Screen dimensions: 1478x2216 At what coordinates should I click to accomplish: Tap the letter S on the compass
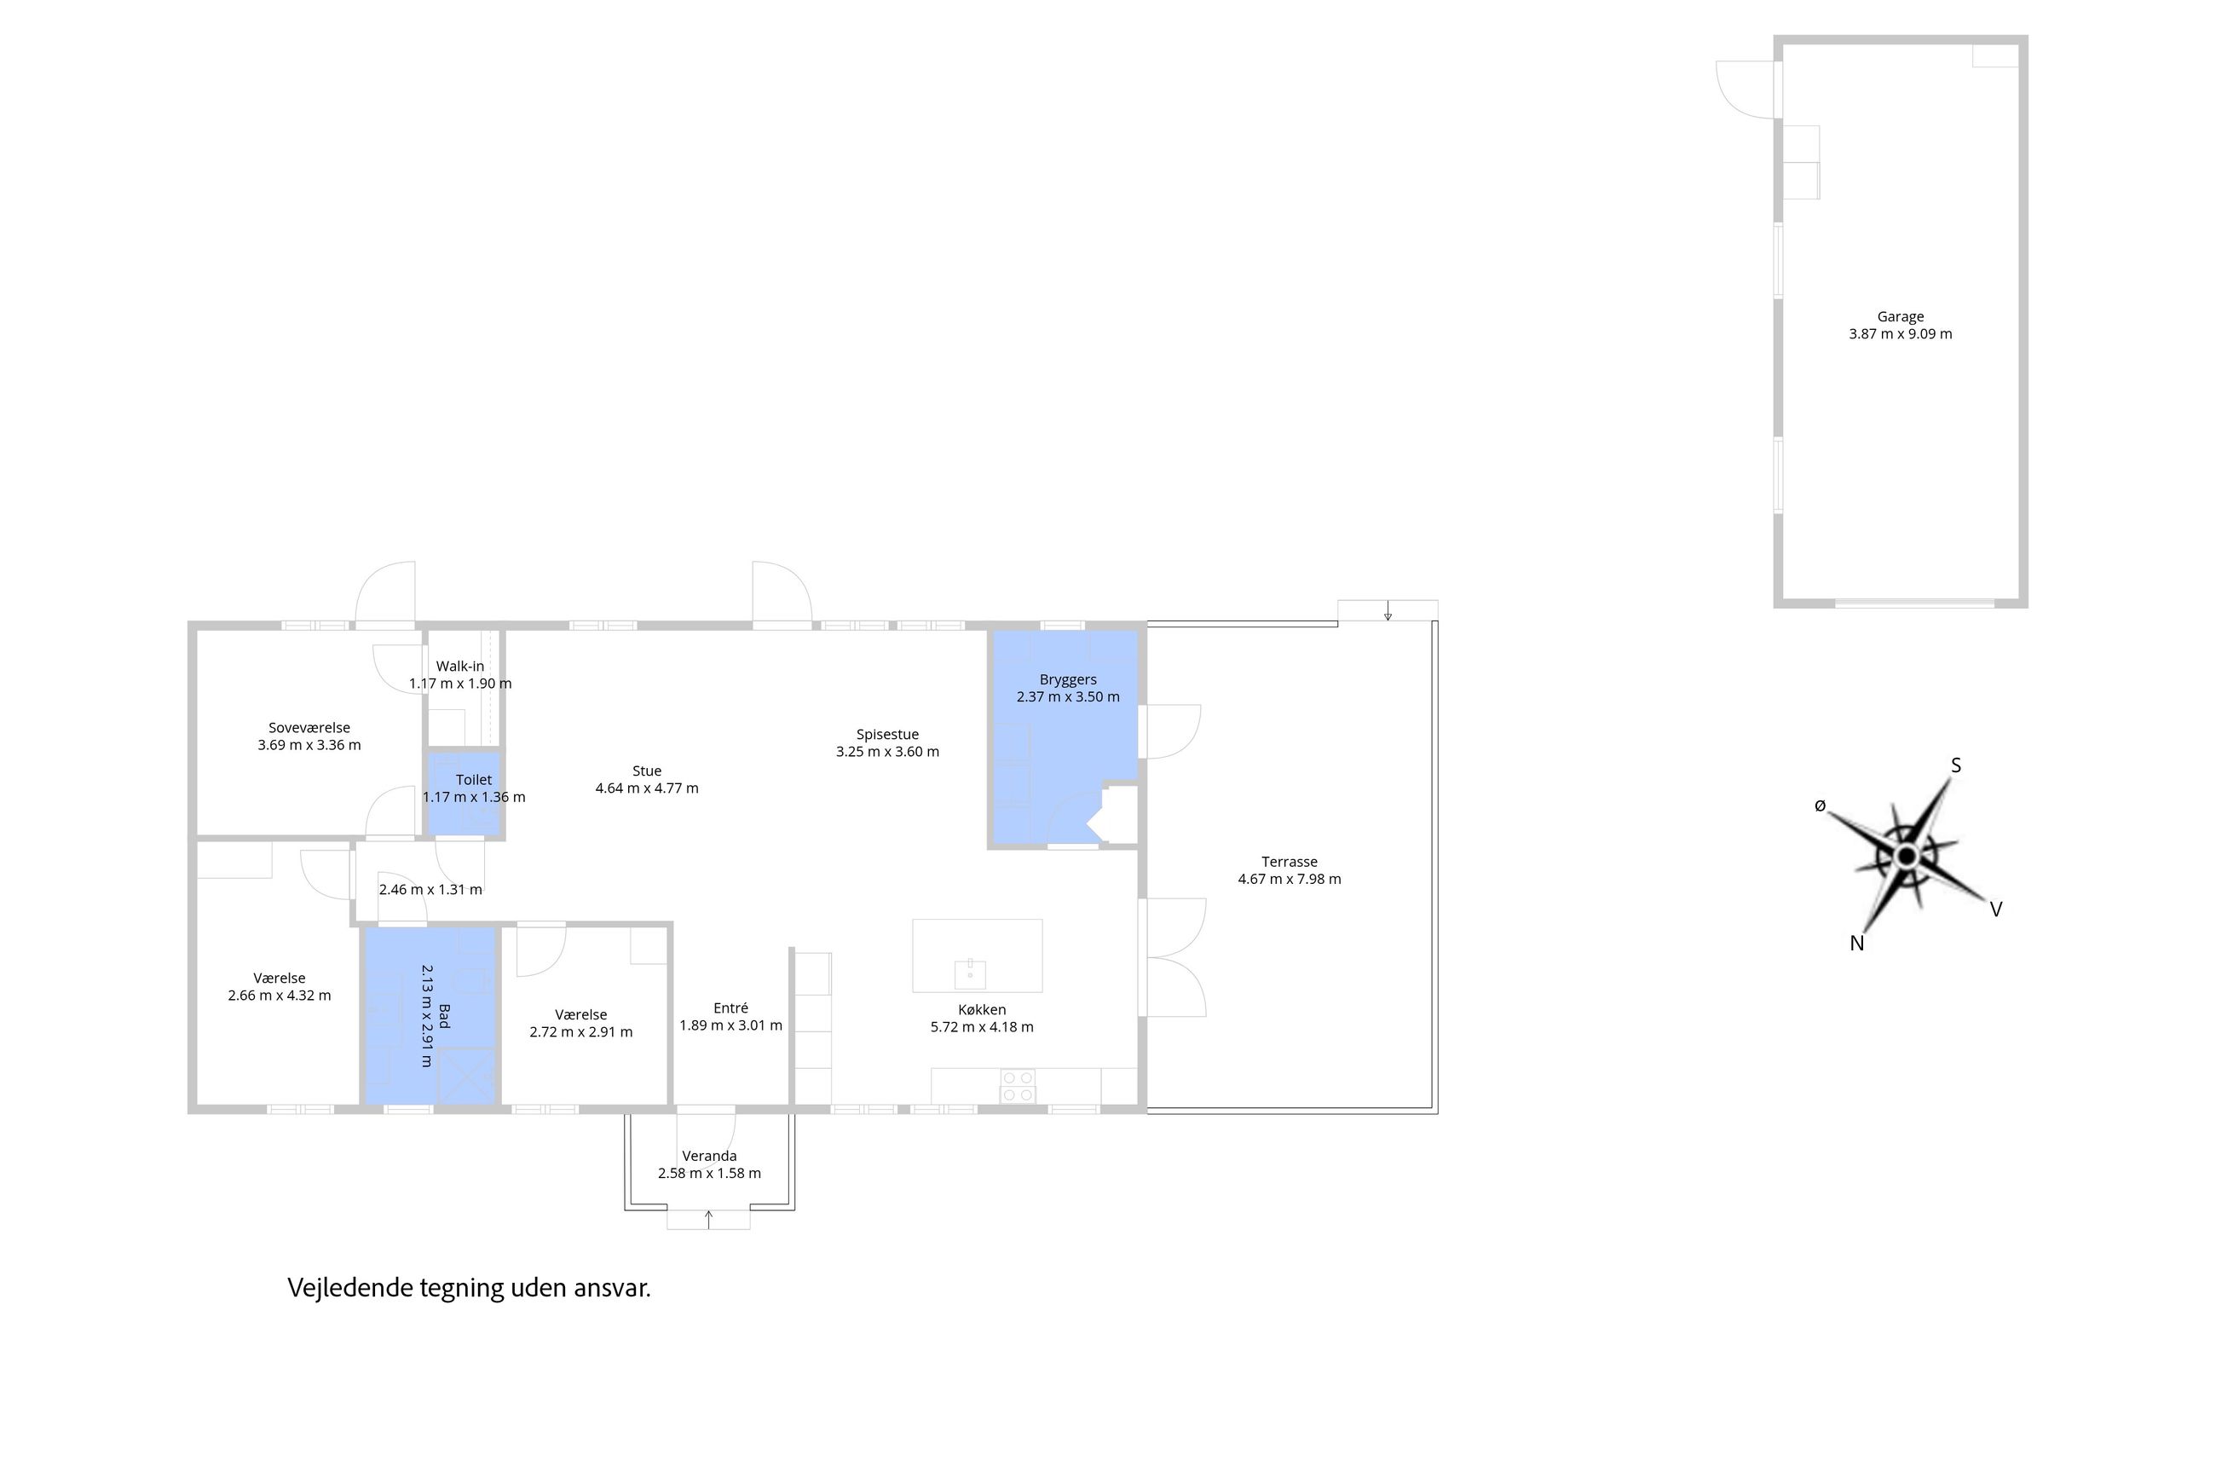pos(1955,765)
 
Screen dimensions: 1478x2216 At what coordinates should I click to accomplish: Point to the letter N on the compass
pos(1856,944)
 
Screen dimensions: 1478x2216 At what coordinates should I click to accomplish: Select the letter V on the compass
pos(1995,909)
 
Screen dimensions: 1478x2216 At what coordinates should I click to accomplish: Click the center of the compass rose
pos(1906,856)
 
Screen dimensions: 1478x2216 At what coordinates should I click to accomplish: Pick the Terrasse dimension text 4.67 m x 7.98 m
pos(1289,880)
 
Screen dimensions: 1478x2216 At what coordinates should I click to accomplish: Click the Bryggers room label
pos(1067,679)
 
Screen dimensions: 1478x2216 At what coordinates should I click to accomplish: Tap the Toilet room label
pos(473,780)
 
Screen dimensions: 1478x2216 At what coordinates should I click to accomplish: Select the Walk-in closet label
pos(460,667)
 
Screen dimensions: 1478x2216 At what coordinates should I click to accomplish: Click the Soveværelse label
pos(309,728)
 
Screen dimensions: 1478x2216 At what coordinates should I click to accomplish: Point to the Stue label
pos(647,771)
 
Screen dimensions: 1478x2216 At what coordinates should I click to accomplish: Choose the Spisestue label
pos(887,734)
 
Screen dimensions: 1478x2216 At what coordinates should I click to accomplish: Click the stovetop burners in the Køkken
pos(1017,1086)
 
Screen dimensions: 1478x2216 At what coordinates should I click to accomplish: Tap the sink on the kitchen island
pos(969,973)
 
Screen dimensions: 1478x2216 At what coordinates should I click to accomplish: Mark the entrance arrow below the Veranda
pos(709,1220)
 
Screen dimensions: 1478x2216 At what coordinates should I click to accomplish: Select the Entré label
pos(730,1007)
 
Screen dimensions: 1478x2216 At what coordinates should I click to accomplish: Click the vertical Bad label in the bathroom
pos(444,1015)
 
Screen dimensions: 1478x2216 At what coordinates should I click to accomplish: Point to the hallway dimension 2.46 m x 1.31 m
pos(430,890)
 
